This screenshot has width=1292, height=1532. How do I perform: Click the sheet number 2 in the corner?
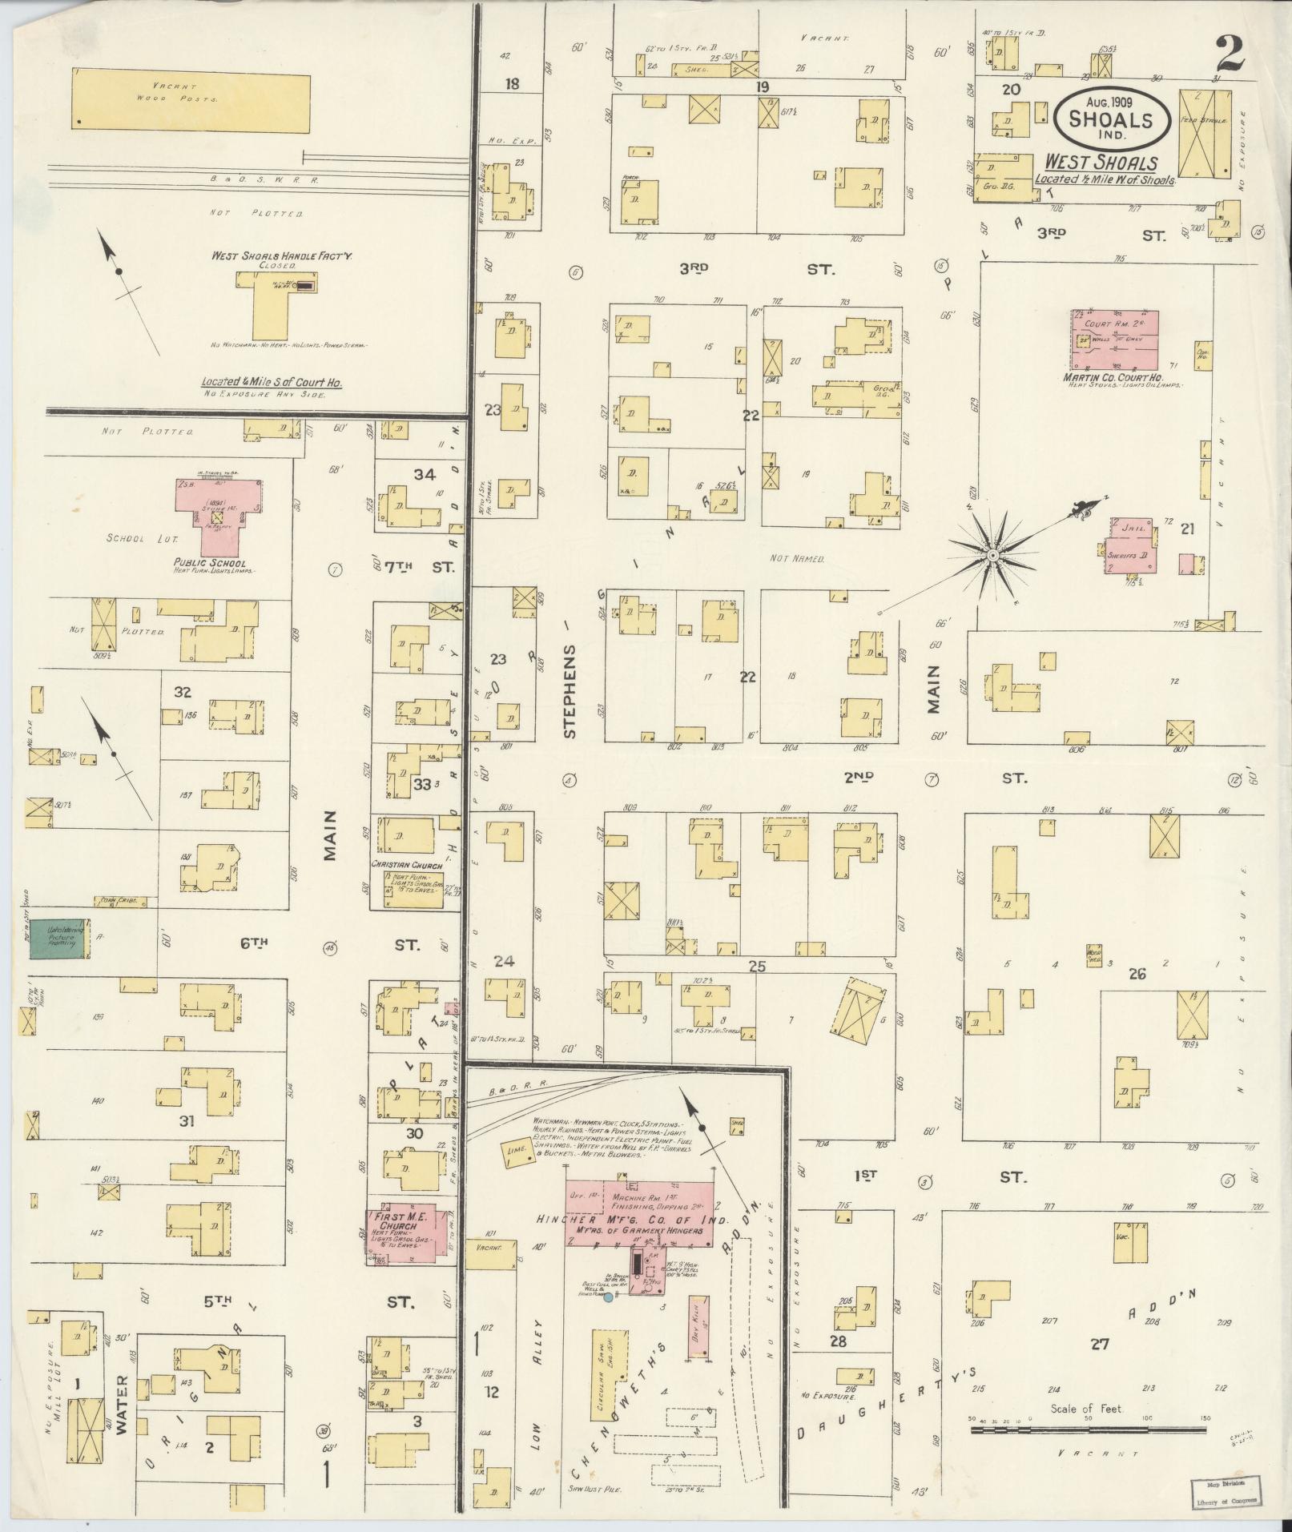tap(1230, 54)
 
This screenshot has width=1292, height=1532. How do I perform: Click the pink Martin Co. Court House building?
tap(1113, 339)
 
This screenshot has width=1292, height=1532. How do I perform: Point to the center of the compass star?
tap(992, 554)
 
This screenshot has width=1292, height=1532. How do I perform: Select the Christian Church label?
tap(408, 865)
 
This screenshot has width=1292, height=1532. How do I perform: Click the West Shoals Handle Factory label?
tap(276, 256)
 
